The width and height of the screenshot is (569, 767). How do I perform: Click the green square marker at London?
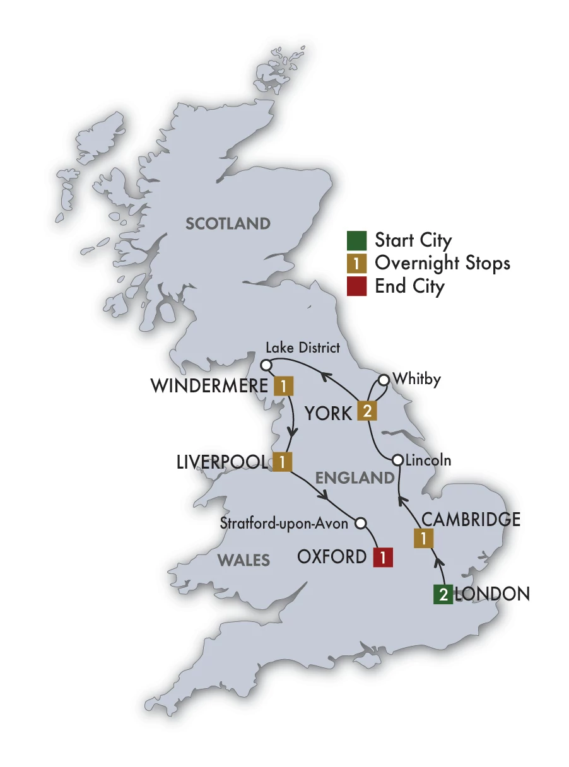coord(443,595)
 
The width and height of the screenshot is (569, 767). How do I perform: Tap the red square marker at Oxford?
coord(382,558)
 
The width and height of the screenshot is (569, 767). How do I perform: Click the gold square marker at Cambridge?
coord(423,539)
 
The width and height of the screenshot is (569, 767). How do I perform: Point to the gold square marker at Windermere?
coord(284,385)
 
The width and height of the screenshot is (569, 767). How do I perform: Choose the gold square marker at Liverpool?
coord(281,462)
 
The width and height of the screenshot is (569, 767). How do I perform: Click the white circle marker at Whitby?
coord(382,380)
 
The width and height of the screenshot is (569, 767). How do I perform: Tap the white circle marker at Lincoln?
coord(397,460)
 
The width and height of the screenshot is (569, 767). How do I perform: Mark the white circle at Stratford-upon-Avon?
coord(361,523)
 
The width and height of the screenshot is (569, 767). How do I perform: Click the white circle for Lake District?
coord(266,365)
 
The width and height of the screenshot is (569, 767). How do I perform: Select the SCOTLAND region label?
coord(228,223)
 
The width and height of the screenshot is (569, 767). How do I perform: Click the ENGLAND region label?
coord(355,478)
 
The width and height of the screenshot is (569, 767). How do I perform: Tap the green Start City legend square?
coord(356,241)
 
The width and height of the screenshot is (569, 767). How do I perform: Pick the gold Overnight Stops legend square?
coord(356,264)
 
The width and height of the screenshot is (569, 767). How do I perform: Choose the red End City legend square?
coord(356,286)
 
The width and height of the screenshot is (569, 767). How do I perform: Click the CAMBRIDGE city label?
coord(471,519)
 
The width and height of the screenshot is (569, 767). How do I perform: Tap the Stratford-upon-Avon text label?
coord(284,523)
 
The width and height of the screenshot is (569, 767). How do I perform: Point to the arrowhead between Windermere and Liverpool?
coord(293,432)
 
